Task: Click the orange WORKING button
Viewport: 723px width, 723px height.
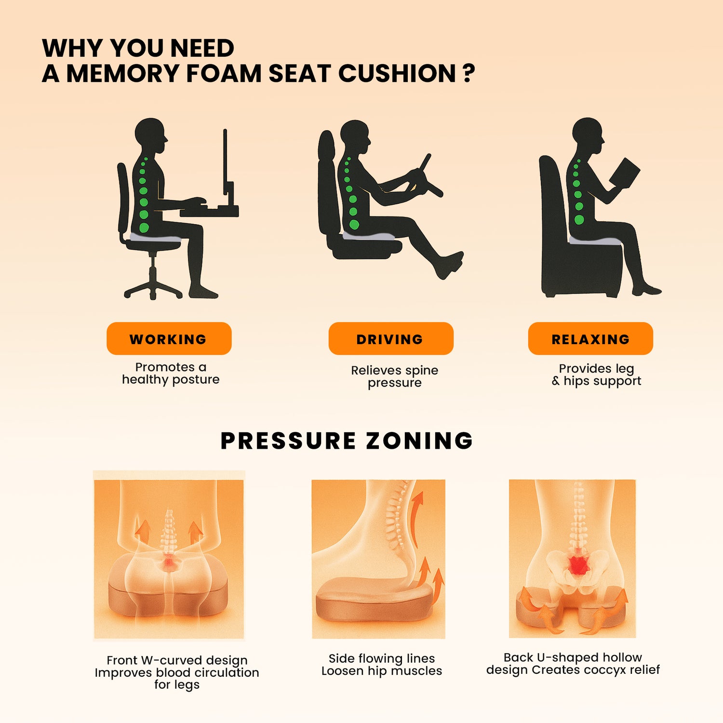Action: coord(169,338)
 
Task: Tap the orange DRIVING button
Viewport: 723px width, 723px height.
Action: coord(391,338)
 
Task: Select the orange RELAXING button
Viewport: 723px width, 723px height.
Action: coord(590,338)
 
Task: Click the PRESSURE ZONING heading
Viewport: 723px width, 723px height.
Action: coord(347,441)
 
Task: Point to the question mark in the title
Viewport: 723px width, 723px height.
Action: coord(469,73)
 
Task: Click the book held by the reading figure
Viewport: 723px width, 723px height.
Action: coord(625,172)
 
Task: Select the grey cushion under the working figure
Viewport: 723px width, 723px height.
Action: coord(155,238)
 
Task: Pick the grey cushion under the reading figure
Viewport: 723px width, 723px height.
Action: coord(595,241)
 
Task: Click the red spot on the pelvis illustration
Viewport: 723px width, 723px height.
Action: coord(578,565)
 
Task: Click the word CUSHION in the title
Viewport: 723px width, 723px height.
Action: coord(397,73)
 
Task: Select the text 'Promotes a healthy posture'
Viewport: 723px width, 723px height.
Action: coord(171,374)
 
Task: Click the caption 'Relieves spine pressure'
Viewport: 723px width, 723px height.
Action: coord(395,376)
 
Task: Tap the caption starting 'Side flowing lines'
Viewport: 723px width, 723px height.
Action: coord(382,665)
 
